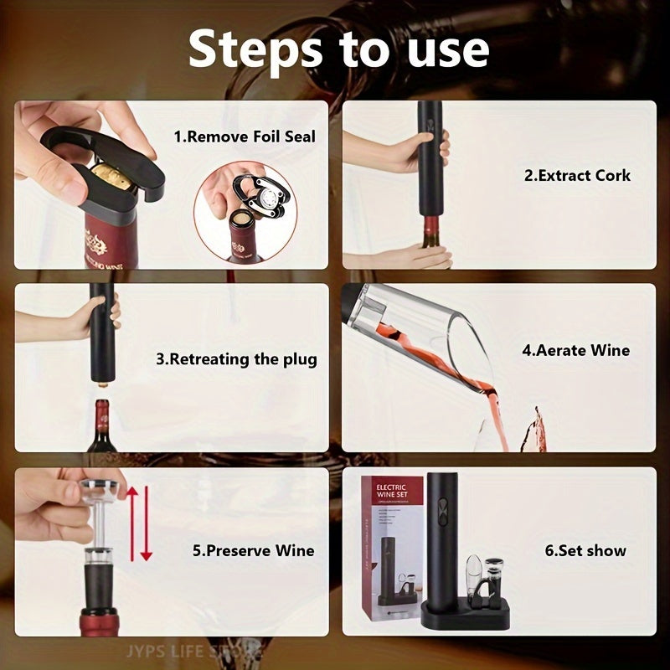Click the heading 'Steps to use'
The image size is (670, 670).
click(338, 49)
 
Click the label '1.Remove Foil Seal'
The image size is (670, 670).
click(245, 136)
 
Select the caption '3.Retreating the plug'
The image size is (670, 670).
click(237, 359)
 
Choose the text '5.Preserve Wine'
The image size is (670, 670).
click(253, 550)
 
